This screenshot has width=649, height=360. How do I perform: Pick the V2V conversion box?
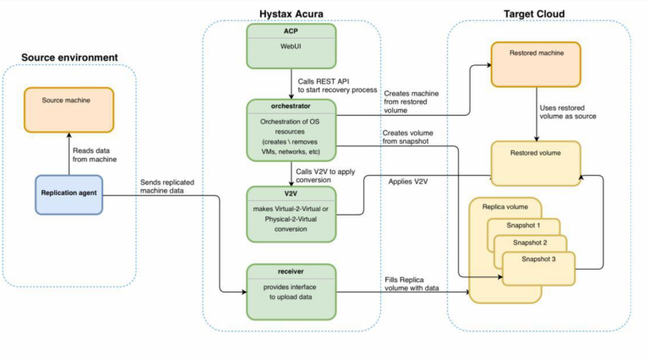click(291, 213)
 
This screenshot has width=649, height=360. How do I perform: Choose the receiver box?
click(291, 292)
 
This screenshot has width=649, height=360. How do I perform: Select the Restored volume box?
click(537, 163)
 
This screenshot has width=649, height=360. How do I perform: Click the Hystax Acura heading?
click(292, 14)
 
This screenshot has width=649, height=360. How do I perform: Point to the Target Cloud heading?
click(534, 14)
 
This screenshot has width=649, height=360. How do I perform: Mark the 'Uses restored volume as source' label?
click(574, 112)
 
